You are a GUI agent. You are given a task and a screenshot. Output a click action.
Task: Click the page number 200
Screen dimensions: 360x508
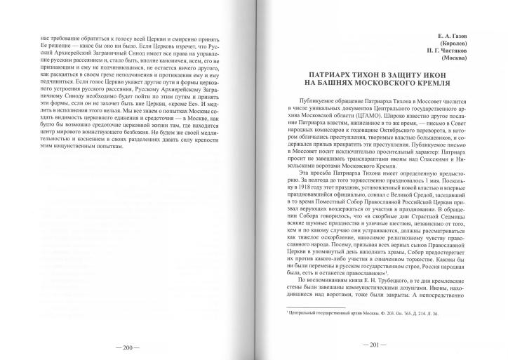coord(128,346)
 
